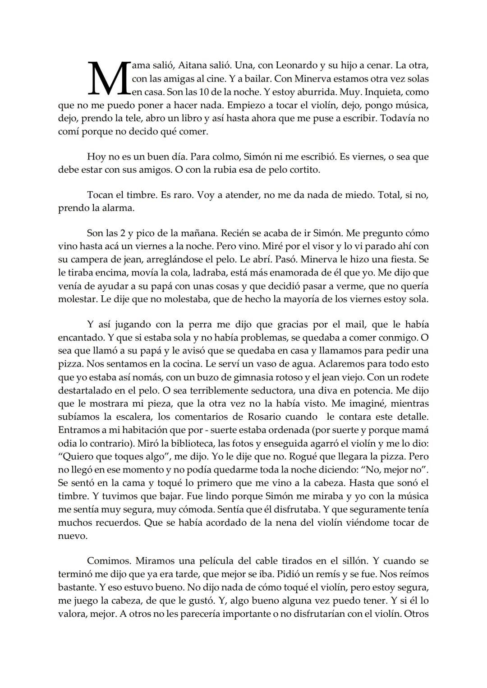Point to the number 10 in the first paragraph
tap(212, 92)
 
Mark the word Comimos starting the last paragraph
tap(109, 561)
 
